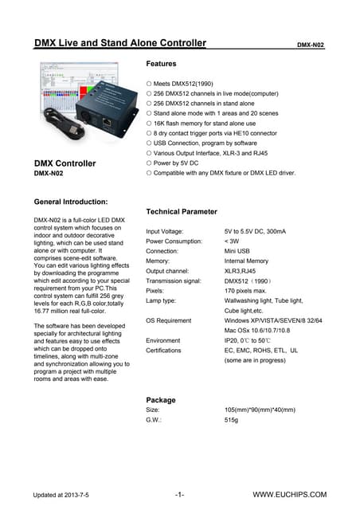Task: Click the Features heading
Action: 162,63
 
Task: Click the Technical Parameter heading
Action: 182,212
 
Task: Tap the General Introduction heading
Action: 76,202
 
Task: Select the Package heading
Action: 161,400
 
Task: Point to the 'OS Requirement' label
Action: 169,320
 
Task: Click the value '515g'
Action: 233,419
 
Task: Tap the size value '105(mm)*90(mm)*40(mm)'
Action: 260,410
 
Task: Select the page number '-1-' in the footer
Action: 180,495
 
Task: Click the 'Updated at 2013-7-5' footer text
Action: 61,495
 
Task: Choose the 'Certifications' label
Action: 164,350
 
